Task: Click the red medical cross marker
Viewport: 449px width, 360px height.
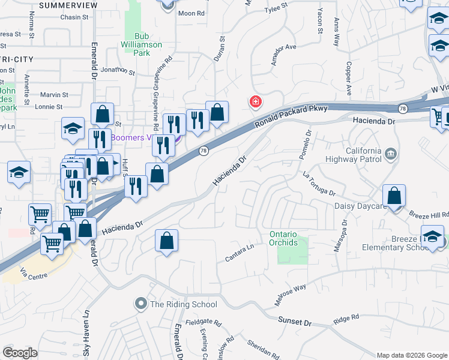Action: (256, 102)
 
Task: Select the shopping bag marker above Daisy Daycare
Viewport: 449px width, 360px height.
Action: (394, 196)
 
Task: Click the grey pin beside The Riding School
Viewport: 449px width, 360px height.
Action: (141, 304)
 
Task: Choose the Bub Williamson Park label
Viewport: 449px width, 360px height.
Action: (140, 44)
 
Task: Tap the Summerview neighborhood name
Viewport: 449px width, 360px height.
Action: (68, 5)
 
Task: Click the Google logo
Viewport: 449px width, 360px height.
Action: (20, 353)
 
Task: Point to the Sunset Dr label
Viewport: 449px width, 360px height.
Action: (295, 322)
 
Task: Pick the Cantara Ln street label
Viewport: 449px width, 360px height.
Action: (240, 253)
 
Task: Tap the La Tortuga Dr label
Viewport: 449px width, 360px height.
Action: (319, 184)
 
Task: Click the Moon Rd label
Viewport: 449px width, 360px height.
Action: (191, 13)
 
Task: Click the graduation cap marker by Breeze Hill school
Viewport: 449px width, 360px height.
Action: (432, 236)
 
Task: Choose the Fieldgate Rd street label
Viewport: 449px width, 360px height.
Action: (201, 322)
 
